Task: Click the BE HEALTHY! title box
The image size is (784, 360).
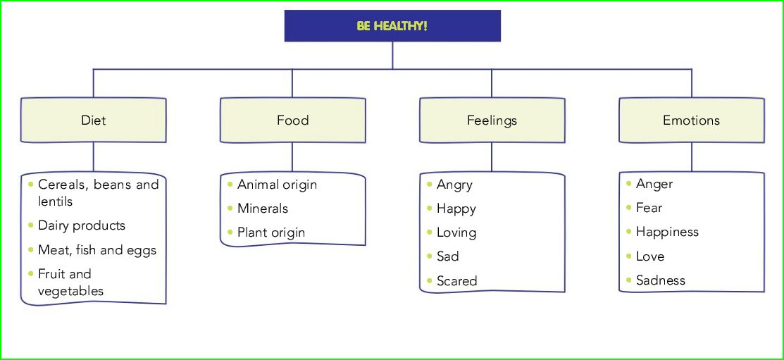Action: coord(392,26)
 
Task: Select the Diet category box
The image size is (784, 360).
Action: coord(94,120)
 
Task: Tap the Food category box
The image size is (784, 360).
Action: coord(292,120)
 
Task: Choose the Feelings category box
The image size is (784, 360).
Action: coord(492,120)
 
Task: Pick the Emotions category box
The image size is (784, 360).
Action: coord(691,120)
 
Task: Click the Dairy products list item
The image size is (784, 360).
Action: coord(82,225)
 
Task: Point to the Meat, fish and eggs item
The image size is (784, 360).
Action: coord(97,250)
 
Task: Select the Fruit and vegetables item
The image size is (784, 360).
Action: coord(70,283)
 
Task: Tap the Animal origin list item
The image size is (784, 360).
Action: coord(277,185)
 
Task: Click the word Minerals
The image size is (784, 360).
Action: coord(263,209)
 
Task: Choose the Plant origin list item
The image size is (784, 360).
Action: coord(271,232)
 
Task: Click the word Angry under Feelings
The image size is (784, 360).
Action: coord(454,185)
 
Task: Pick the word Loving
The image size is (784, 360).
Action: coord(456,232)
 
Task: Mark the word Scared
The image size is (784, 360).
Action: coord(456,281)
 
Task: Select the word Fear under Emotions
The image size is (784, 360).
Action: coord(649,208)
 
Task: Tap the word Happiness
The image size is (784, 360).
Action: coord(667,232)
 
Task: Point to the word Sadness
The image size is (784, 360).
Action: coord(660,280)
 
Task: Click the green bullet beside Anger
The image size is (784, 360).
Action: coord(629,183)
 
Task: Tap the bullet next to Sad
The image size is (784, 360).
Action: coord(430,256)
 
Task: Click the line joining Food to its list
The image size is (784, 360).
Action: coord(292,157)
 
